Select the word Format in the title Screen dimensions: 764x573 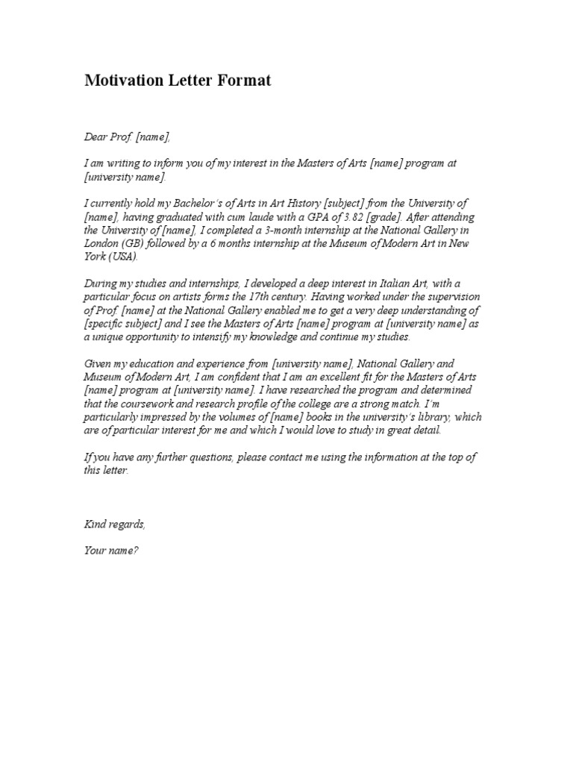click(x=244, y=81)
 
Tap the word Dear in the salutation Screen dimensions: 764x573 click(x=95, y=137)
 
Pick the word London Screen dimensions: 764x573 click(x=101, y=244)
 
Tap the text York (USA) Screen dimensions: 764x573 click(x=111, y=257)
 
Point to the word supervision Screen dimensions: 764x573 click(x=450, y=298)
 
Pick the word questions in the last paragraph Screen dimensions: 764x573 click(x=213, y=458)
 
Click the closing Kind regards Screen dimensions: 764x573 click(x=115, y=525)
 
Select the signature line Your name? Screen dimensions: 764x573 click(x=111, y=552)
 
